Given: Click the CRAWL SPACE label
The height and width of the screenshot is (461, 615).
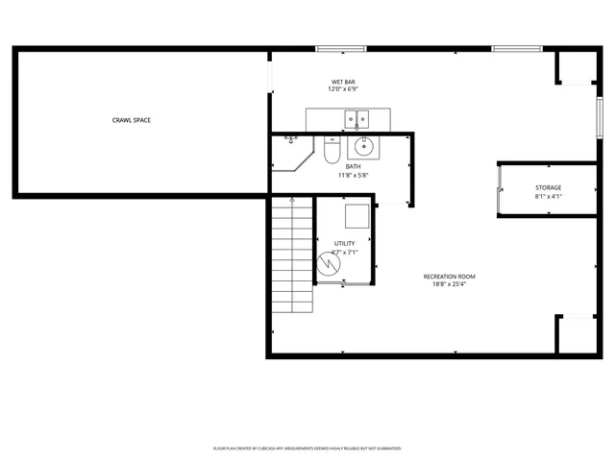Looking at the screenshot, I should [131, 120].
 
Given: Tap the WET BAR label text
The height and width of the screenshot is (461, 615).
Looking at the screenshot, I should [343, 83].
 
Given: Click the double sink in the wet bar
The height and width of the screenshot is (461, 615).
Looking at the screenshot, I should [357, 120].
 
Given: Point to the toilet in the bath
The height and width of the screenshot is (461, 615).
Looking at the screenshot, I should [330, 151].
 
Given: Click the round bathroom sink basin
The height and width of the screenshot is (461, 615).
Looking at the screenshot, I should [364, 147].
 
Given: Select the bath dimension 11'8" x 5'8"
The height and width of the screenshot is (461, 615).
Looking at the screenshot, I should [354, 176].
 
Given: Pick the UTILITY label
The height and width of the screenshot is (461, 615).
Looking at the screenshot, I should [343, 244].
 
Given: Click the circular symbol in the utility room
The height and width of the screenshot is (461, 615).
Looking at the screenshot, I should [328, 262].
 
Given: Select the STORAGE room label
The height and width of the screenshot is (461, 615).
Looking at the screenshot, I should [549, 187].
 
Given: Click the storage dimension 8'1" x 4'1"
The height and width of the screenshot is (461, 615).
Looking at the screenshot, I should [549, 196].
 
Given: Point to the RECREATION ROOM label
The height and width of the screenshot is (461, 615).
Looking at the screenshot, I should [450, 277].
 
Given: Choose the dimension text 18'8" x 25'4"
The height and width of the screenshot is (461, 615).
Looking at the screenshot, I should [450, 285].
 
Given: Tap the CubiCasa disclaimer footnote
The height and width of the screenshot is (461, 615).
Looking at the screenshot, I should [307, 448].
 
